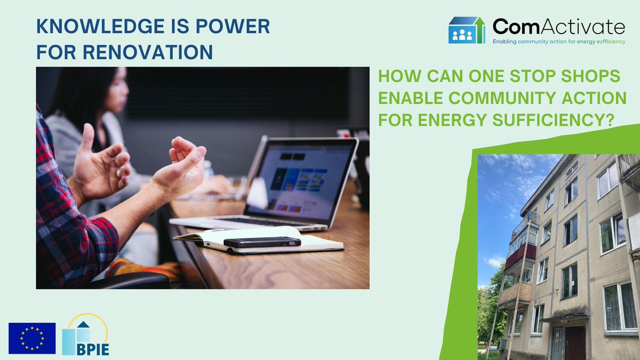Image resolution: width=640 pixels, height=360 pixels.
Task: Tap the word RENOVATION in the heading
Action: click(148, 52)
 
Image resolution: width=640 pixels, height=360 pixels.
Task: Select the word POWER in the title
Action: click(233, 26)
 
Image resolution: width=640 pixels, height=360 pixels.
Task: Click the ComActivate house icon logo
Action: click(467, 30)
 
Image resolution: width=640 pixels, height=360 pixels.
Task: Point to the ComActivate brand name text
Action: click(559, 27)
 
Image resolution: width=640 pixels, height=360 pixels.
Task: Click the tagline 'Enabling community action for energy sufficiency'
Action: click(559, 42)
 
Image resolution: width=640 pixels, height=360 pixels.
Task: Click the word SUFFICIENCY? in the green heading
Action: click(554, 119)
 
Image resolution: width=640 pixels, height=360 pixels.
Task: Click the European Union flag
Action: click(32, 339)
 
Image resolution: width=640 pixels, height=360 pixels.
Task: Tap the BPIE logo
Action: click(85, 334)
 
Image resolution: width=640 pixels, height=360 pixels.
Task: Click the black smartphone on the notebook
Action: click(262, 242)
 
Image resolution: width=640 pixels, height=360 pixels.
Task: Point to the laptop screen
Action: click(300, 183)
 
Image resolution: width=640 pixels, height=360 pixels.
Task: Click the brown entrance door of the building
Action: click(575, 343)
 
